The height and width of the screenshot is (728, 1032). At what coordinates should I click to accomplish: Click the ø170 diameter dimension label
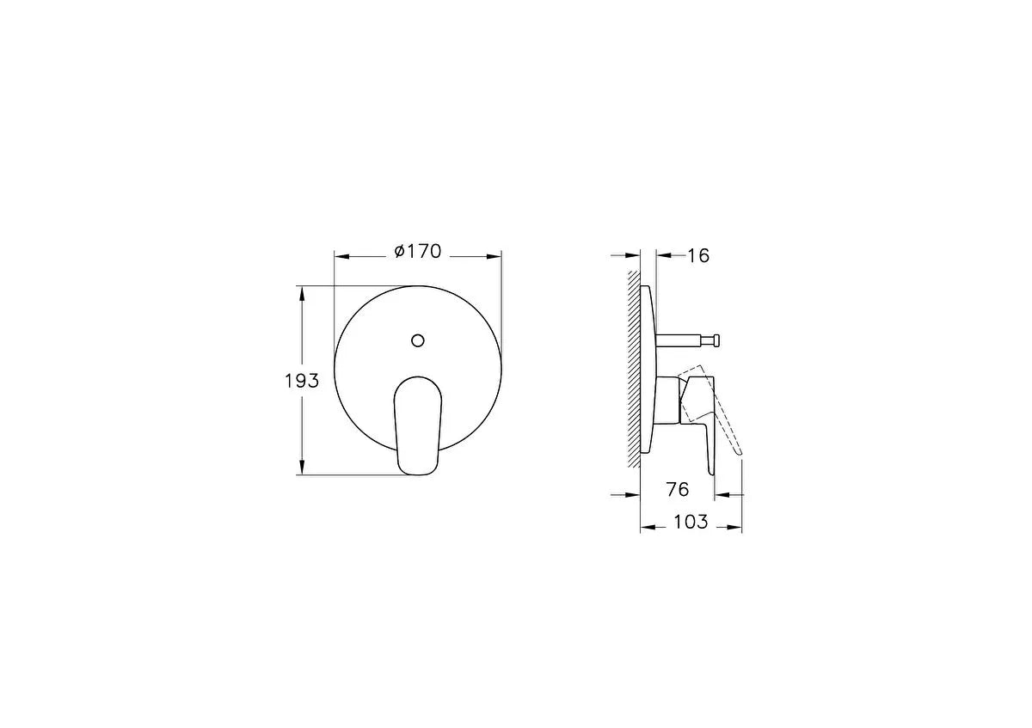point(418,252)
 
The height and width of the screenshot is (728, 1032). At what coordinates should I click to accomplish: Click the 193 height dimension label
point(302,381)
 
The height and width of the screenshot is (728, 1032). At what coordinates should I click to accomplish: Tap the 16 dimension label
point(698,255)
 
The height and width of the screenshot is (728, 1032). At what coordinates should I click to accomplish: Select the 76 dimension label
point(678,489)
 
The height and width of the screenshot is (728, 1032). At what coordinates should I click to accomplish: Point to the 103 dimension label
point(691,523)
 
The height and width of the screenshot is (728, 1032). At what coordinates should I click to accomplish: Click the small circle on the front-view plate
point(418,340)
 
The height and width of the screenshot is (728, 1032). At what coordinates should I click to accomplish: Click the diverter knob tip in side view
point(716,340)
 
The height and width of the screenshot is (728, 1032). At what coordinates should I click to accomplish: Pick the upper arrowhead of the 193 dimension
point(302,293)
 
